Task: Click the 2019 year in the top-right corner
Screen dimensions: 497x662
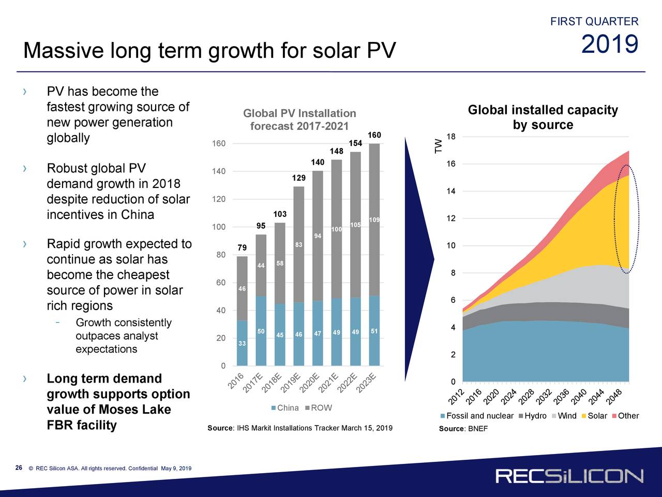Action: click(610, 45)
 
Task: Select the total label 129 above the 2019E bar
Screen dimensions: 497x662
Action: click(299, 178)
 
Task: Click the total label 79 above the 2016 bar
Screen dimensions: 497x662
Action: click(242, 248)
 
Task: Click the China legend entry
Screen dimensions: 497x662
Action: click(285, 408)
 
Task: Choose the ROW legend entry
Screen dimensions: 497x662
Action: click(319, 408)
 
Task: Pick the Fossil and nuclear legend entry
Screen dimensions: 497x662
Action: click(476, 416)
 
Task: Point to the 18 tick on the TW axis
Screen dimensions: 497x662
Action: click(450, 137)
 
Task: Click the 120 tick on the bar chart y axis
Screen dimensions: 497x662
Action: click(218, 199)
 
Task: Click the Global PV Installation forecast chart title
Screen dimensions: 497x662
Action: click(299, 120)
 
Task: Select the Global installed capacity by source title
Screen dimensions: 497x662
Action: click(543, 118)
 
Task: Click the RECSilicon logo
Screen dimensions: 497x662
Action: click(569, 476)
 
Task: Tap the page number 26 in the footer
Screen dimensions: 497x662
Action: click(19, 468)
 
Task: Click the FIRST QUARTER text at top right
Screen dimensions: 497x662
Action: click(594, 22)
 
